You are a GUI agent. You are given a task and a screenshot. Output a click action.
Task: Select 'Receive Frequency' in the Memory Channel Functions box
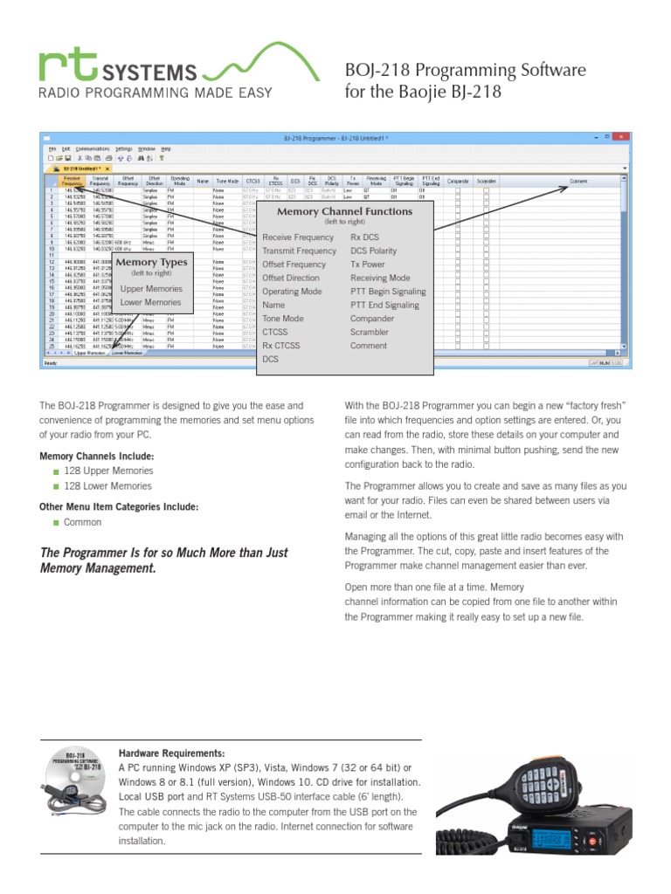coord(298,237)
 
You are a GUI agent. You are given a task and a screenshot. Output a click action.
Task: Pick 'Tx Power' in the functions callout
coord(367,265)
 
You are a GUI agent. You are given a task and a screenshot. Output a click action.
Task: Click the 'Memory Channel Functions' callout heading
coord(344,212)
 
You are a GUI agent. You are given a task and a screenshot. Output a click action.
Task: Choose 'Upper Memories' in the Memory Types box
coord(151,289)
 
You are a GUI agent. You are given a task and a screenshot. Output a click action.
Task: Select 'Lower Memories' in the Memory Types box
coord(151,303)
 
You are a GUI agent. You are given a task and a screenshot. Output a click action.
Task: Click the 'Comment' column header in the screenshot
coord(579,182)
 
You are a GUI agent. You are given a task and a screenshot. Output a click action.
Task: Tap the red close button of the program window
coord(619,138)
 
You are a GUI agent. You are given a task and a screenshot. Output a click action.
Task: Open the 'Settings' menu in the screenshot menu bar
coord(124,149)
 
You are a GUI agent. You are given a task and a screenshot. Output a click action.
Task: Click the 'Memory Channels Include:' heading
coord(96,457)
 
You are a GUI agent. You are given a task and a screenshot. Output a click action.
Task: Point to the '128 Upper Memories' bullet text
coord(107,471)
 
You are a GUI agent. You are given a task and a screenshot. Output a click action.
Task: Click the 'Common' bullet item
coord(82,522)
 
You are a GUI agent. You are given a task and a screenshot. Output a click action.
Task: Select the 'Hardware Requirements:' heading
coord(171,753)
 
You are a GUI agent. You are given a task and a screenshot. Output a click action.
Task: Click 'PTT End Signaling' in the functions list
coord(384,306)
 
